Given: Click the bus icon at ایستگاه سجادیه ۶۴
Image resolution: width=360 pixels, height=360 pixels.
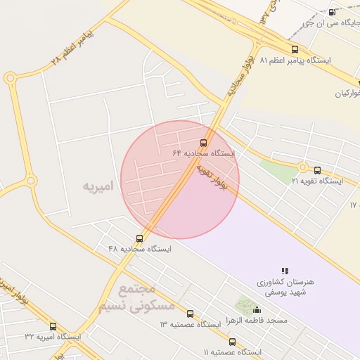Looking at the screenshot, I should point(204,143).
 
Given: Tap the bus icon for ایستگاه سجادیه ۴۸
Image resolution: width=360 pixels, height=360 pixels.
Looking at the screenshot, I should point(139,238).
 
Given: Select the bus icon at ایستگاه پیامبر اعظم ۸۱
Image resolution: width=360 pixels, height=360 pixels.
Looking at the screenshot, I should point(295,49).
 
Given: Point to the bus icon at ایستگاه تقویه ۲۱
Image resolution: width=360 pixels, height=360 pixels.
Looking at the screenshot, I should point(317,170).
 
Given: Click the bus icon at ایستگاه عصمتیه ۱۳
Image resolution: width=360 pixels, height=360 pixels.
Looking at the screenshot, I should point(190,314).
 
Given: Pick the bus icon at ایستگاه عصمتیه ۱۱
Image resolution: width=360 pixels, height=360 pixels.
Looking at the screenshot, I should point(232,342).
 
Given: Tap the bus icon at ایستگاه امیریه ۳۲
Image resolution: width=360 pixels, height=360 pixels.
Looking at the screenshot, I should point(53,326).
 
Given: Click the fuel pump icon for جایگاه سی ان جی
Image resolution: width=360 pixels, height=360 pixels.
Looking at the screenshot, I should point(332,12).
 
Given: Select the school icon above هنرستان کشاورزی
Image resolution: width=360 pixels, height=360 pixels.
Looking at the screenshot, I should point(285,271).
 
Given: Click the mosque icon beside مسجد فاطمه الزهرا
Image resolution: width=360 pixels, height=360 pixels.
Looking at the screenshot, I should point(257,310).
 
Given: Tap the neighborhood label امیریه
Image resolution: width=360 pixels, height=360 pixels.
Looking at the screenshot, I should point(98,186).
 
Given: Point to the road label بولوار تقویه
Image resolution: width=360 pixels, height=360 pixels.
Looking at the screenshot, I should point(212,177).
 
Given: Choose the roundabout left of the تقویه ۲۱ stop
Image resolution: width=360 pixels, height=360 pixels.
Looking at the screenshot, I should point(302,167).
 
